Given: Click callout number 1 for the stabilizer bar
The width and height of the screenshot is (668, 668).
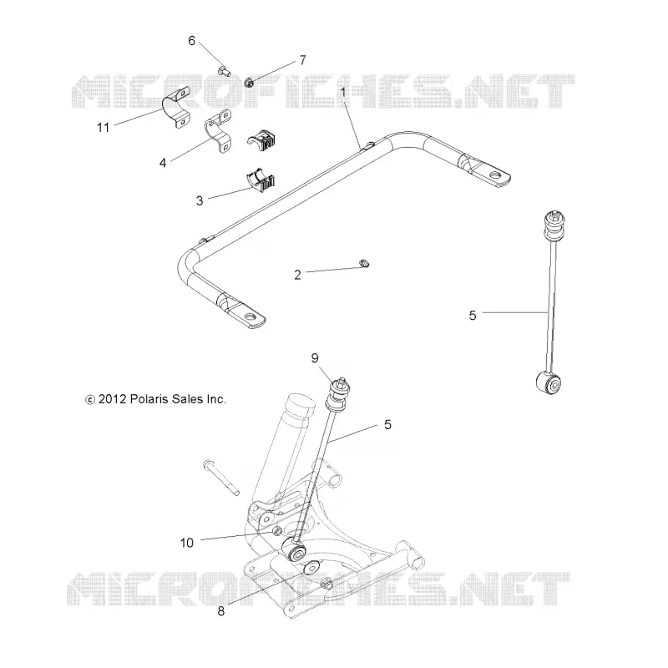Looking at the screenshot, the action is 343,92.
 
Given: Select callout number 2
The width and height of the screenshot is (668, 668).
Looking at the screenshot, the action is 297,275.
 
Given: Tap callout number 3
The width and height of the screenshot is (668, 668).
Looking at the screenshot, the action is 200,200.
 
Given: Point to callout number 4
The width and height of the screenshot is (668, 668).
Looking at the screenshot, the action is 163,163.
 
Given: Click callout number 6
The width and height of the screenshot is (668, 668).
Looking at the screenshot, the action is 192,41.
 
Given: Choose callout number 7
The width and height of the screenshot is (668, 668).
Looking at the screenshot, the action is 303,60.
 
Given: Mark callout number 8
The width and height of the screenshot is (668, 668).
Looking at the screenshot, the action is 220,611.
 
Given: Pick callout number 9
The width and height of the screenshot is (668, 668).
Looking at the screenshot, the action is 315,358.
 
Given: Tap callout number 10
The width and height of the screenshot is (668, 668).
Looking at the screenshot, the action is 186,543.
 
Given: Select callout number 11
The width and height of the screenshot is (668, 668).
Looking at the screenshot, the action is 103,128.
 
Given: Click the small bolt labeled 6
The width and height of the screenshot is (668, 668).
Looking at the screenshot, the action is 225,72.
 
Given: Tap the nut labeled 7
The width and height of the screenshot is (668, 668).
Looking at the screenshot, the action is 250,82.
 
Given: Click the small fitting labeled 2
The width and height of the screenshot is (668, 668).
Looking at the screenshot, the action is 364,264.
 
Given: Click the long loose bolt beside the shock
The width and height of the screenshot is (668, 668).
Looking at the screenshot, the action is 221,478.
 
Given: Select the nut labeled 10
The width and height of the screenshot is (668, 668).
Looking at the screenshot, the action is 277,531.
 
